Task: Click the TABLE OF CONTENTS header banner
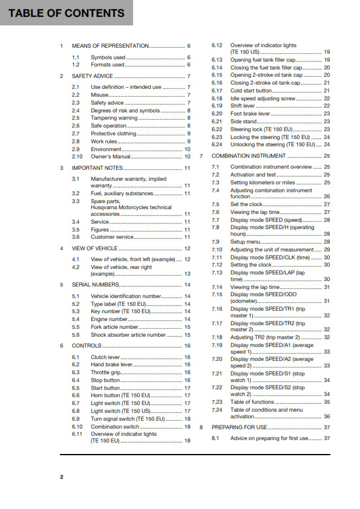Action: [66, 13]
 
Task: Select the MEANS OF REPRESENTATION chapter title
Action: [110, 46]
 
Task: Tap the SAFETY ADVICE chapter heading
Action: [93, 76]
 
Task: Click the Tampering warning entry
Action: [114, 118]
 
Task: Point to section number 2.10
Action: [77, 156]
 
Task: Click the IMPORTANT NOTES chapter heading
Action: [97, 167]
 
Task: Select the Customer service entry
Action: [112, 237]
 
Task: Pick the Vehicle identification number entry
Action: [126, 296]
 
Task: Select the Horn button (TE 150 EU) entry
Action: [121, 395]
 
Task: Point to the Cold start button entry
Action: [251, 90]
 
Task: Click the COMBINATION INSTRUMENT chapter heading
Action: [249, 155]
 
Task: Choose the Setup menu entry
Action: [245, 241]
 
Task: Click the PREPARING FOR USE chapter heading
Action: [239, 427]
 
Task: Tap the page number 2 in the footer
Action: [61, 477]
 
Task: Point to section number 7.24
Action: [216, 410]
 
